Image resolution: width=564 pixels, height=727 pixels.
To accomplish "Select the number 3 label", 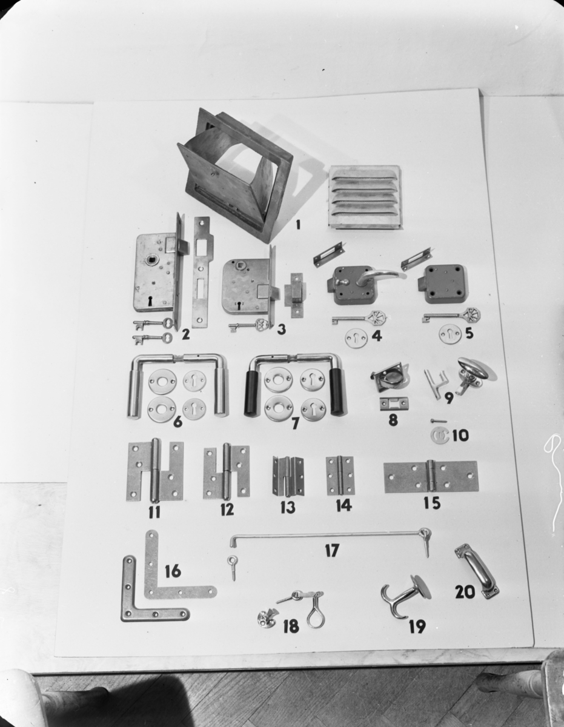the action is click(x=281, y=328).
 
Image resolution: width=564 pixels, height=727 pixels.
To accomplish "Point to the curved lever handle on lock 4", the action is click(x=382, y=276).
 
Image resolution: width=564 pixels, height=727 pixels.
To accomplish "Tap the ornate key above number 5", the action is click(x=451, y=314).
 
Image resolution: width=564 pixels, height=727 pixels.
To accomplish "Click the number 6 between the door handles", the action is click(x=178, y=422).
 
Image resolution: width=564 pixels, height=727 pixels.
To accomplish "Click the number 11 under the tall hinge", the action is click(x=154, y=512).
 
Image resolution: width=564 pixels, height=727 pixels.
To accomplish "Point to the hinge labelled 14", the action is click(x=340, y=475).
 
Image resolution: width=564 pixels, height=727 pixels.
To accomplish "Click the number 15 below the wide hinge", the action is click(x=432, y=503).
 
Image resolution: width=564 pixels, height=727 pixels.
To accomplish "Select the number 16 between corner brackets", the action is click(x=173, y=571).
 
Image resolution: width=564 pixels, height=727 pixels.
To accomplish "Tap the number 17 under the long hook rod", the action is click(x=331, y=550).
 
